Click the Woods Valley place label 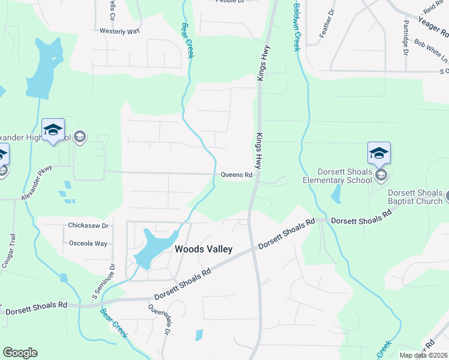pyautogui.click(x=203, y=249)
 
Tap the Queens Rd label pyautogui.click(x=237, y=175)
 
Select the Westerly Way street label pyautogui.click(x=119, y=31)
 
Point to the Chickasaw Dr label pyautogui.click(x=88, y=226)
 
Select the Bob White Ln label pyautogui.click(x=431, y=51)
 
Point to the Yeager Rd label pyautogui.click(x=433, y=23)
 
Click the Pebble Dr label pyautogui.click(x=231, y=2)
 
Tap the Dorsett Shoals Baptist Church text pyautogui.click(x=414, y=198)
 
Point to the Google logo pyautogui.click(x=20, y=353)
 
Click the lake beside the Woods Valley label pyautogui.click(x=151, y=247)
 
